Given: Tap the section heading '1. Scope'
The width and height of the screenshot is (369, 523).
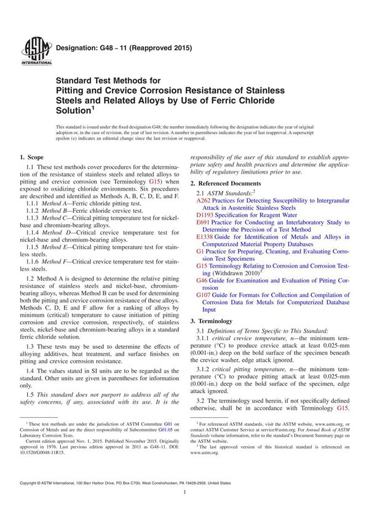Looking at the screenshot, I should tap(33, 159).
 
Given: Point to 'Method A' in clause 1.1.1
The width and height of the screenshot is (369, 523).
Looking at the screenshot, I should tap(56, 203).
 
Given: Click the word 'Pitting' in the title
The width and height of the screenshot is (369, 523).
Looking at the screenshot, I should tap(71, 90).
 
